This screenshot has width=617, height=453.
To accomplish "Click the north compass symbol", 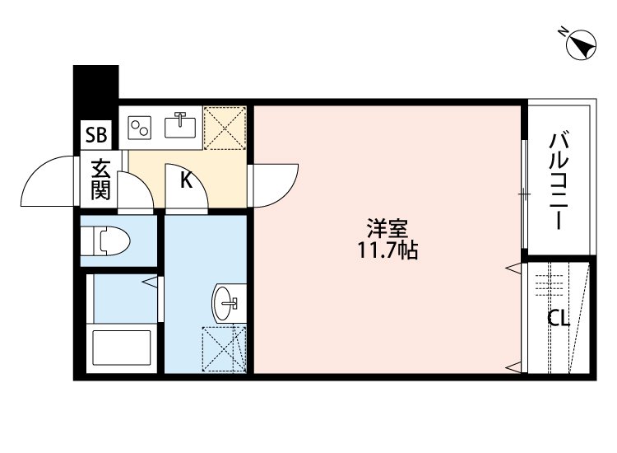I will [582, 44].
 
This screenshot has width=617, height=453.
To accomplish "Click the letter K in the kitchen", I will [187, 180].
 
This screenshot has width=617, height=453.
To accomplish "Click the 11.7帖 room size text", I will [387, 251].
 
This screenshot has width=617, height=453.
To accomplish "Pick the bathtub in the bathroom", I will [121, 350].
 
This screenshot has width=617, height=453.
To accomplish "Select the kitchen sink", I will [180, 126].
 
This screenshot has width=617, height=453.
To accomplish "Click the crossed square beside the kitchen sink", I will [225, 127].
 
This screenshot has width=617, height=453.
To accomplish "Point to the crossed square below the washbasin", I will [224, 348].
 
